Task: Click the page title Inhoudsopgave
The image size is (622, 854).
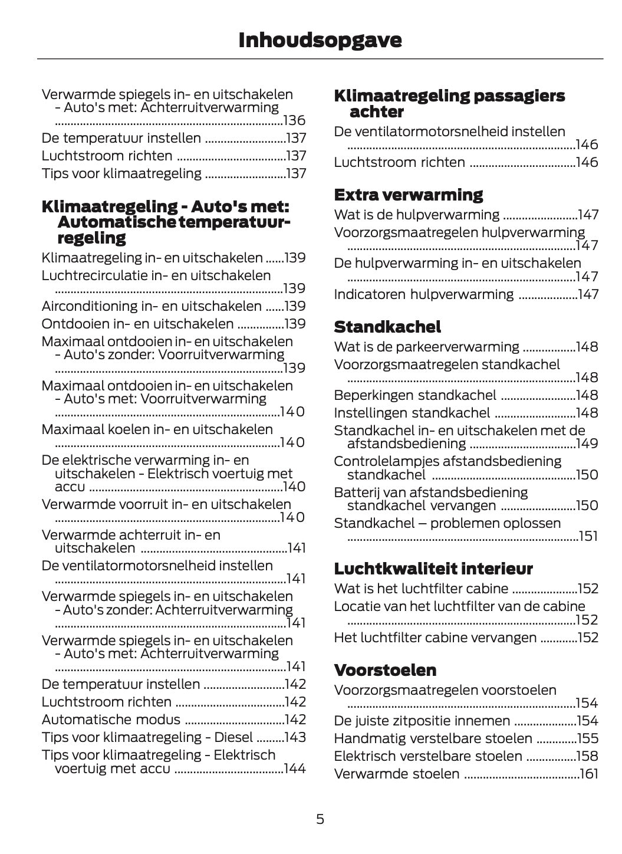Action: coord(320,40)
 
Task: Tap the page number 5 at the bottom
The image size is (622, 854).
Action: coord(320,819)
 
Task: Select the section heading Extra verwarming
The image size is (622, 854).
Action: coord(408,195)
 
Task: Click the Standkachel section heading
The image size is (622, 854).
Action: coord(387,327)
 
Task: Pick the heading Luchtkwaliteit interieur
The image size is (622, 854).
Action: coord(433,569)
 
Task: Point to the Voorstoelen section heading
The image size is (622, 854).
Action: coord(385,670)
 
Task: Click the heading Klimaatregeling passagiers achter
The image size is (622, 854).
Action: coord(449,103)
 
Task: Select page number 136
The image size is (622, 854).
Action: coord(294,121)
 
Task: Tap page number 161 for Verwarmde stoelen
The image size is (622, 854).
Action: coord(588,774)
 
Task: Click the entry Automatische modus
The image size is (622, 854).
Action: coord(111,720)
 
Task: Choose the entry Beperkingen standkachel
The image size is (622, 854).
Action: coord(415,395)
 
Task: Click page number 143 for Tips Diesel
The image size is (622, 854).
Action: coord(295,737)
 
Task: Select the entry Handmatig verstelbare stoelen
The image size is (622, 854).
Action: coord(433,738)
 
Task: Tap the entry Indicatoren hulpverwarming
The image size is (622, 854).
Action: coord(423,294)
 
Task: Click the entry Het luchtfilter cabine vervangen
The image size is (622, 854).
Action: coord(435,638)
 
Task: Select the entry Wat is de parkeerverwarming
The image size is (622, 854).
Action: coord(426,347)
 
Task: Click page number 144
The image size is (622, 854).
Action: coord(295,768)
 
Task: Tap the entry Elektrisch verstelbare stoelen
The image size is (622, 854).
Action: coord(428,756)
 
